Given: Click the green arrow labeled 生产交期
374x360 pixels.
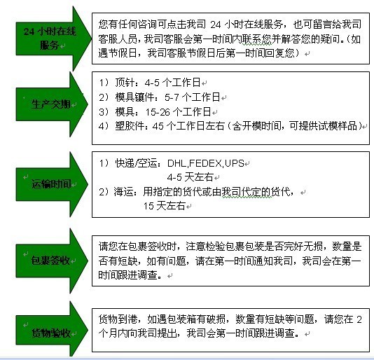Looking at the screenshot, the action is [x=51, y=104].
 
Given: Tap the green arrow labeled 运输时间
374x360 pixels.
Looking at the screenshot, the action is [x=51, y=184].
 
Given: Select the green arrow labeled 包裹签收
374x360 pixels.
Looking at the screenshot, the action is [x=51, y=261].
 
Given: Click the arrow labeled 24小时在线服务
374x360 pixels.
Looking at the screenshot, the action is [x=53, y=39].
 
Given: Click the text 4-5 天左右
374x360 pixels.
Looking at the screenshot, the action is [x=190, y=177].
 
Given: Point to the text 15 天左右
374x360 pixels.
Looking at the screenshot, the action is [x=165, y=206].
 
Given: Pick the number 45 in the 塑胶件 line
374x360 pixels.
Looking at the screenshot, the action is [x=158, y=126].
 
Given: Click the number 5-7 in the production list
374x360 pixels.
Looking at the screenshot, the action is [x=172, y=97].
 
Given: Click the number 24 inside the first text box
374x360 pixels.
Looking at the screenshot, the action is [x=216, y=25].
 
